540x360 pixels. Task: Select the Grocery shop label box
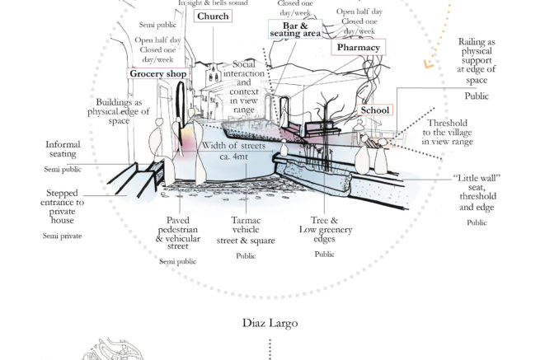coord(158,74)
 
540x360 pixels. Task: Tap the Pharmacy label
coord(358,48)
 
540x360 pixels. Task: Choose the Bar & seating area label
coord(294,30)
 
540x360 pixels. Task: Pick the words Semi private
coord(60,236)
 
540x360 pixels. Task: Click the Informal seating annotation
coord(61,147)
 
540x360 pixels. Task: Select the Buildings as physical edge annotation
coord(119,111)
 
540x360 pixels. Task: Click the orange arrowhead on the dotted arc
coord(428,63)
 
